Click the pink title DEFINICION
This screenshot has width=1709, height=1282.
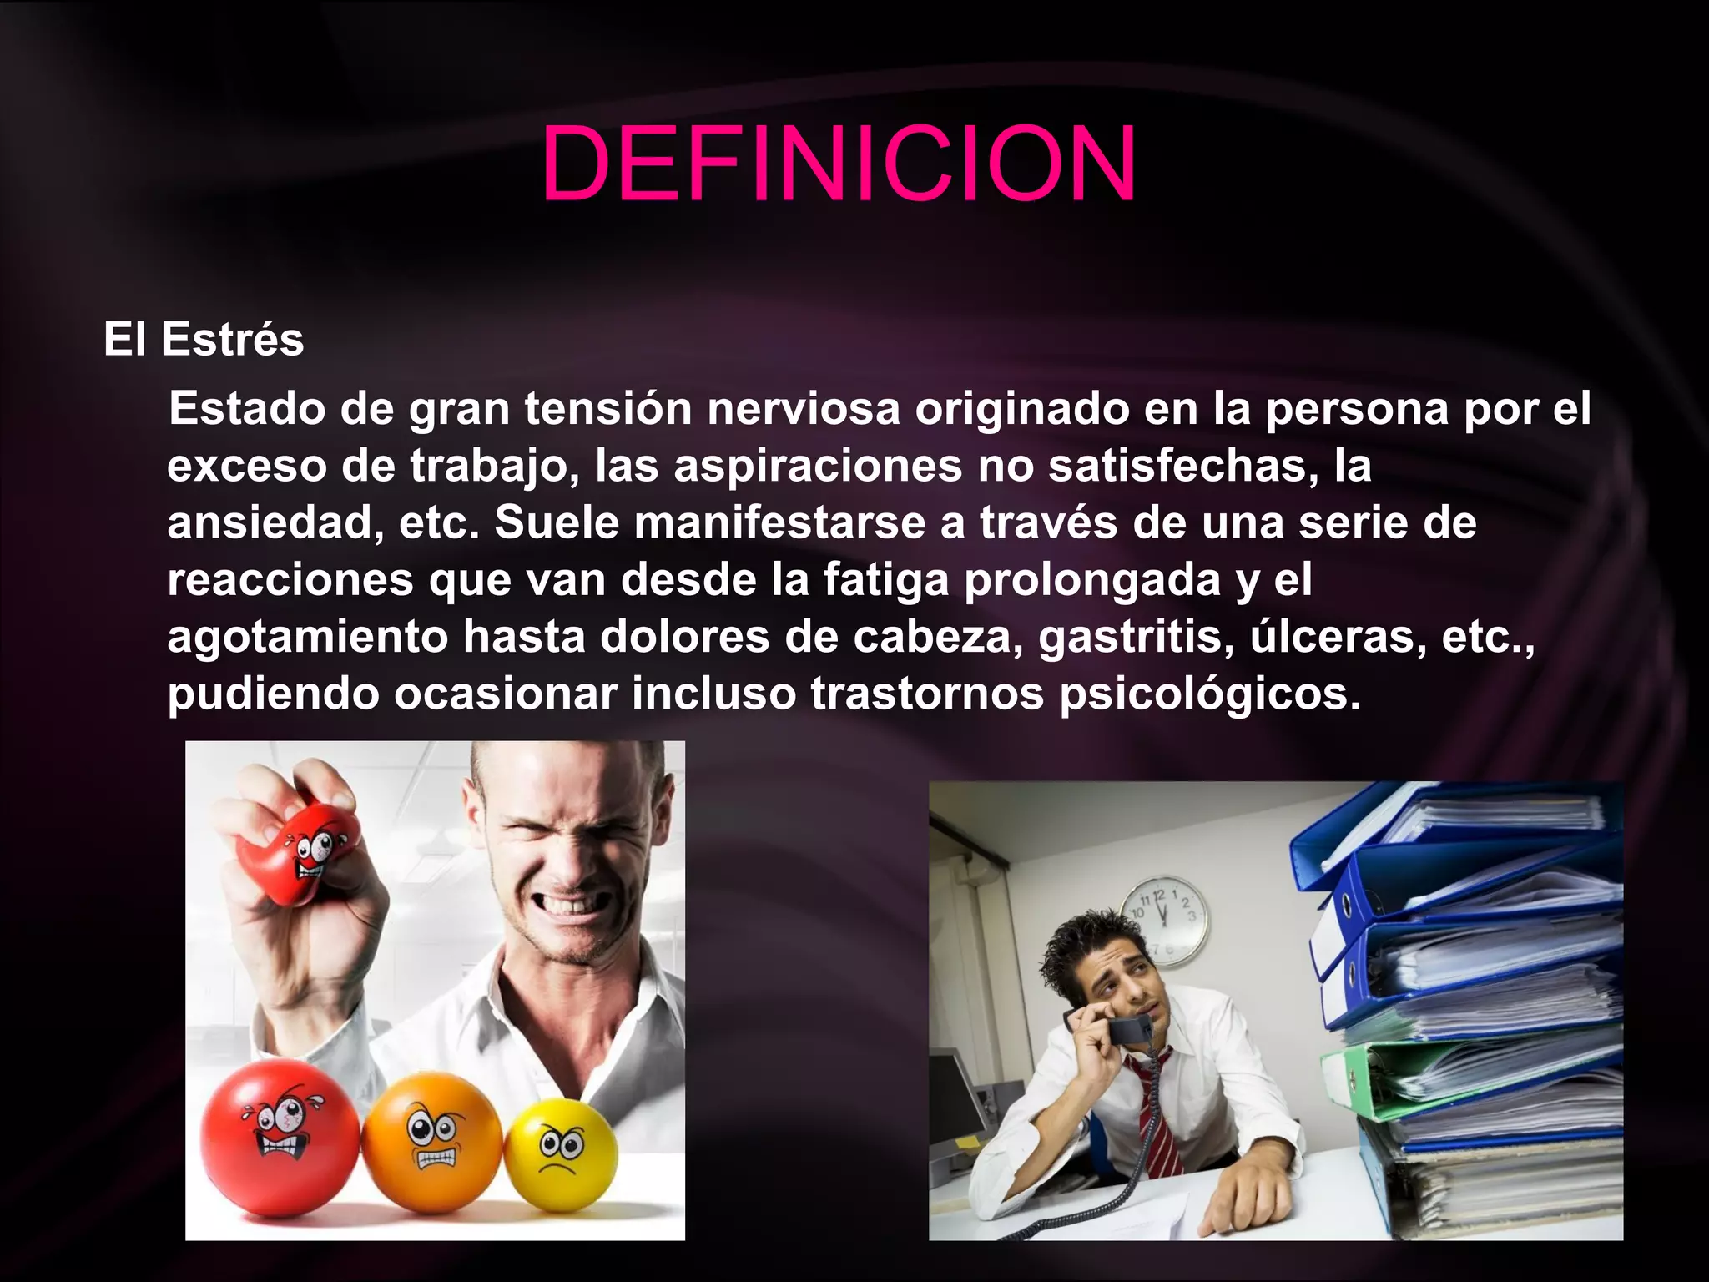click(x=838, y=164)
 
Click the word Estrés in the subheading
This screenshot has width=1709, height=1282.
click(x=232, y=340)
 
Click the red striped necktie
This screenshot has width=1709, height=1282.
click(x=1157, y=1118)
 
